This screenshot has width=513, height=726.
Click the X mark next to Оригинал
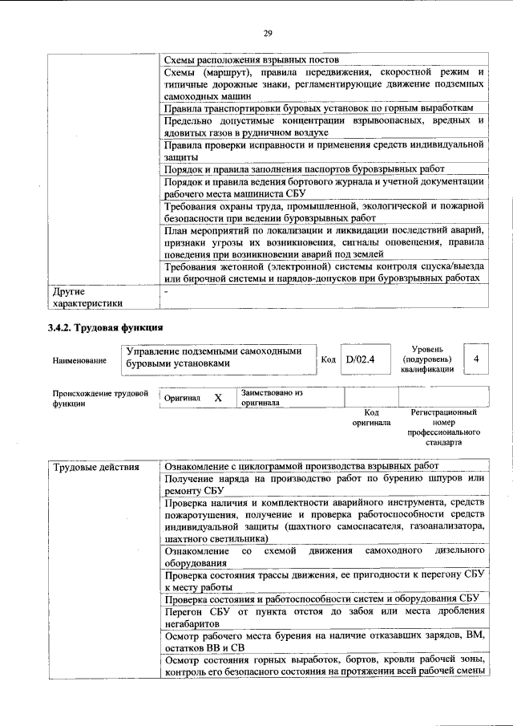tap(217, 398)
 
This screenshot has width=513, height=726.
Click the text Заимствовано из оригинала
tap(273, 398)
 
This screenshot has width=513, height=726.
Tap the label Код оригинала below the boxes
tap(371, 416)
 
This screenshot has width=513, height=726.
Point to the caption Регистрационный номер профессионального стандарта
tap(442, 427)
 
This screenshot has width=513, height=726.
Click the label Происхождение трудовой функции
tap(99, 399)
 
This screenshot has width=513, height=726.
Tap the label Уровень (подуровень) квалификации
tap(435, 359)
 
